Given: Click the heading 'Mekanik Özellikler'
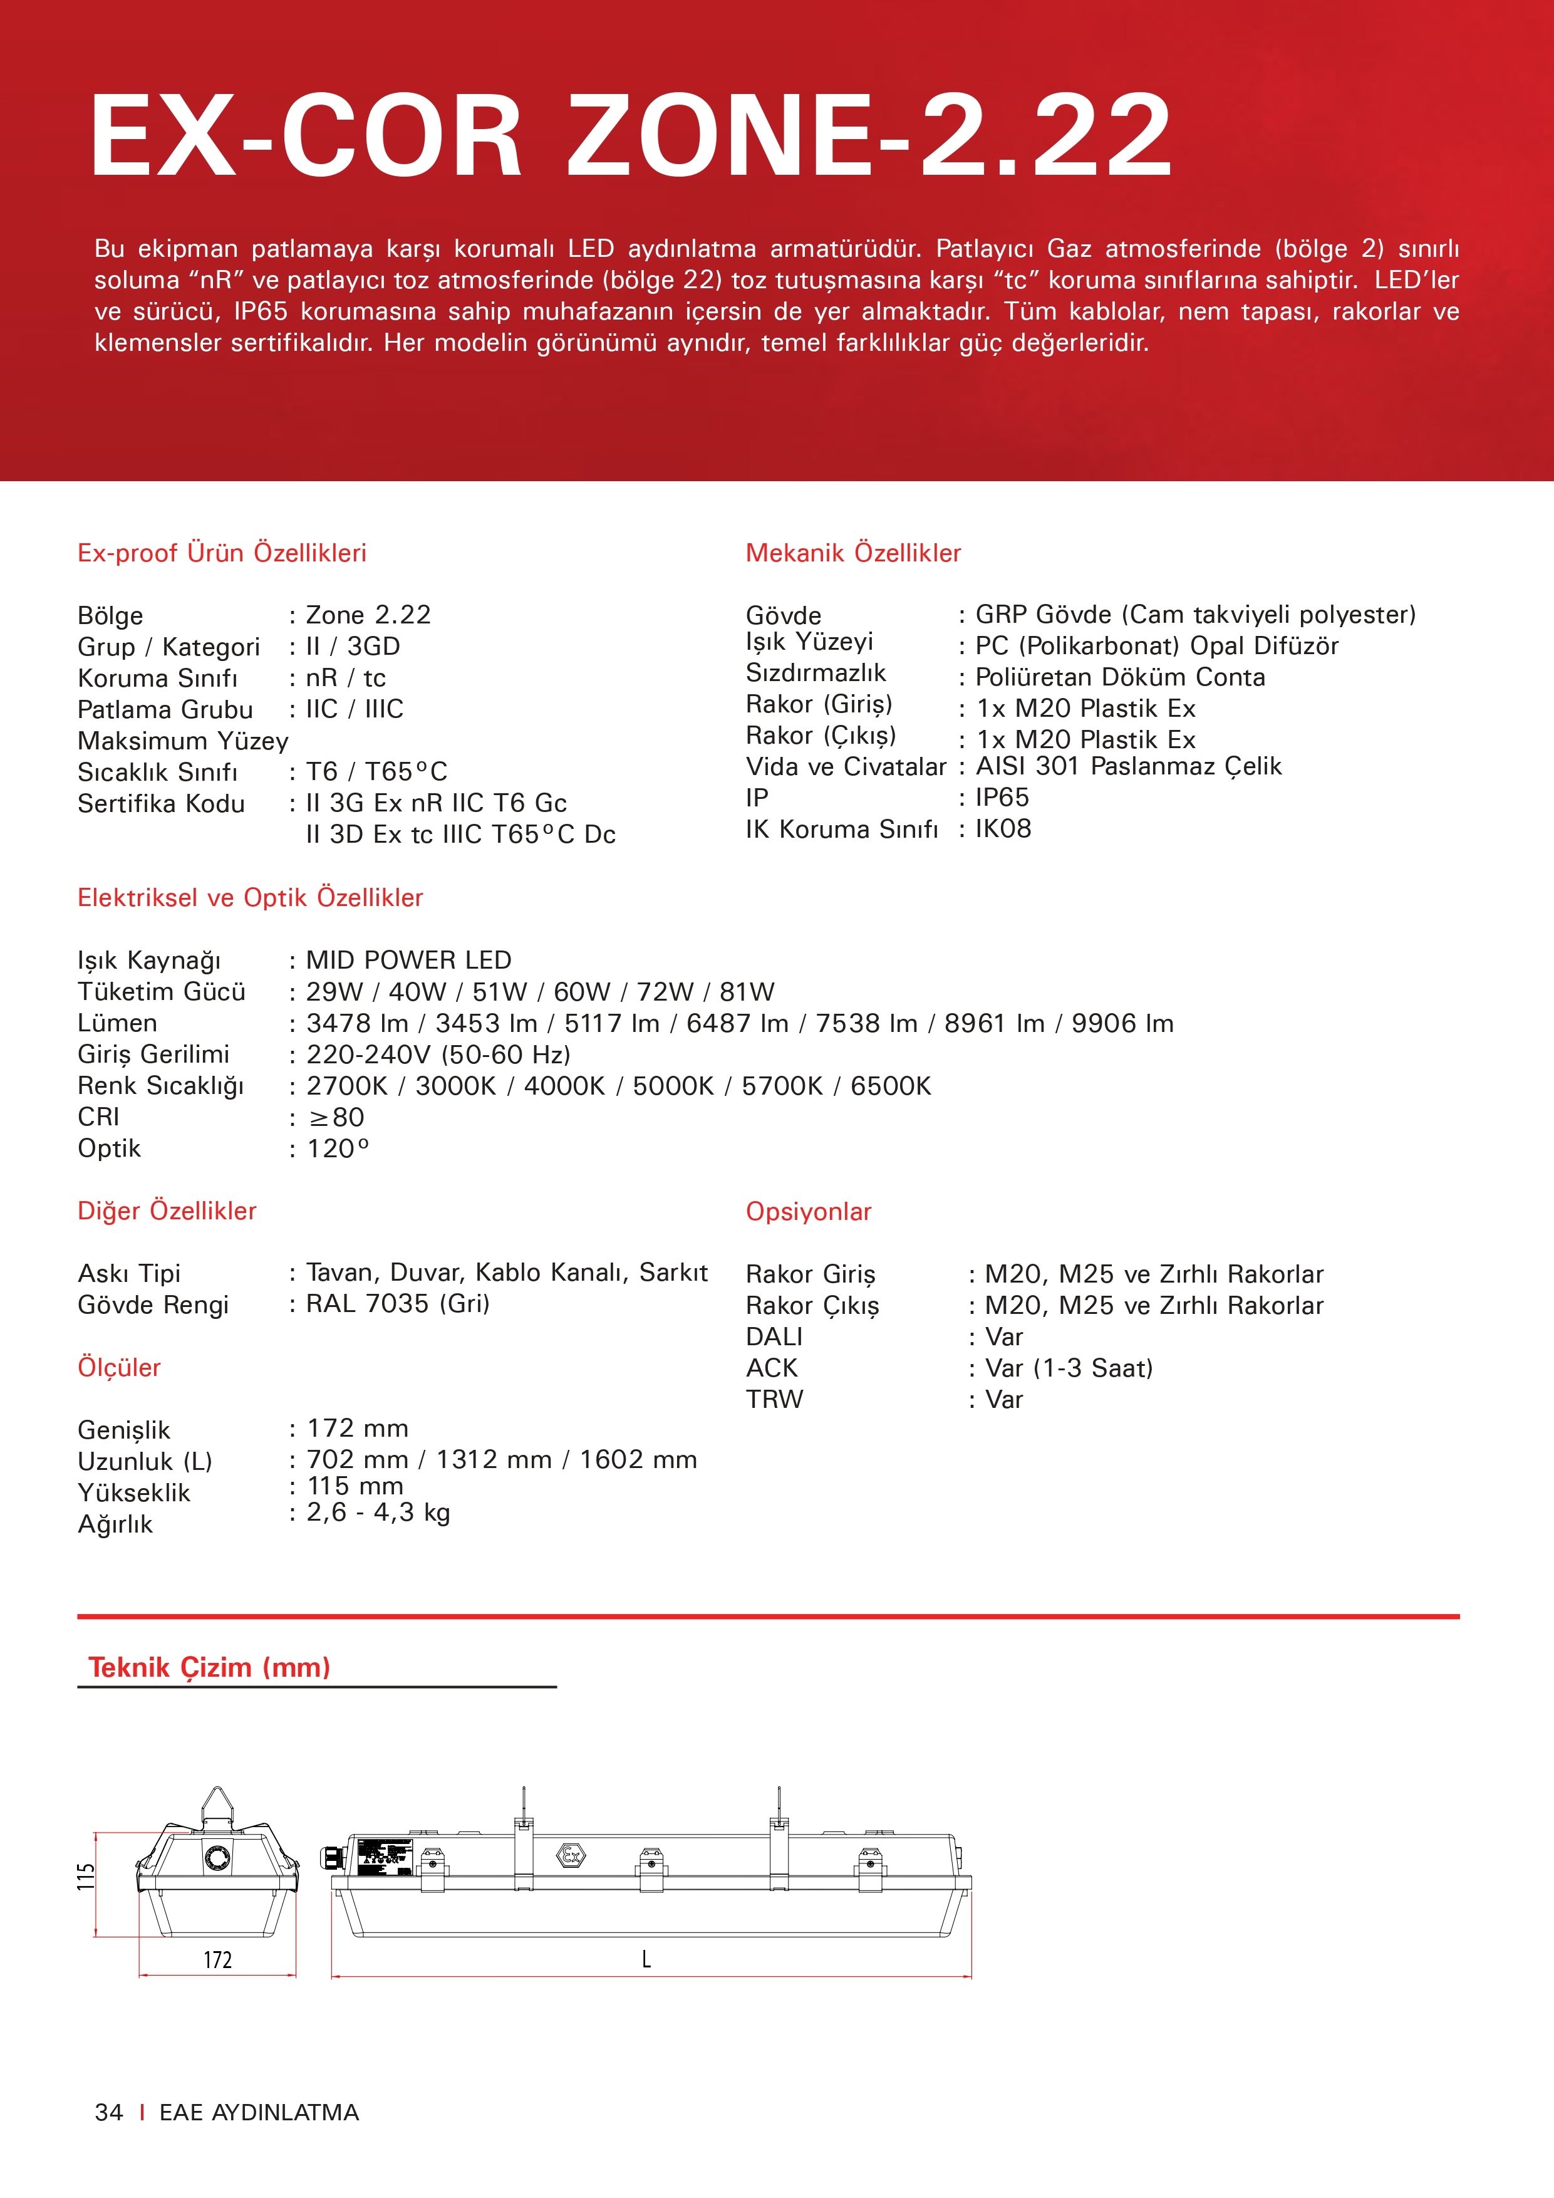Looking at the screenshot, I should click(x=852, y=553).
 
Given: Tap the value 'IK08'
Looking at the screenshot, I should click(x=1003, y=829).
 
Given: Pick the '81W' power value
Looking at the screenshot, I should click(x=747, y=992).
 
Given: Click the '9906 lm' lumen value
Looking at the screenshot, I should click(x=1121, y=1023).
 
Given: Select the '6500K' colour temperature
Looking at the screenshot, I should click(x=890, y=1086).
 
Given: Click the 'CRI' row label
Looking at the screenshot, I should click(x=98, y=1117).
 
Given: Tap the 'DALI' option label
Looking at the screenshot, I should click(x=774, y=1336).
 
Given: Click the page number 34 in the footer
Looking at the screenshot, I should click(x=109, y=2112).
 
